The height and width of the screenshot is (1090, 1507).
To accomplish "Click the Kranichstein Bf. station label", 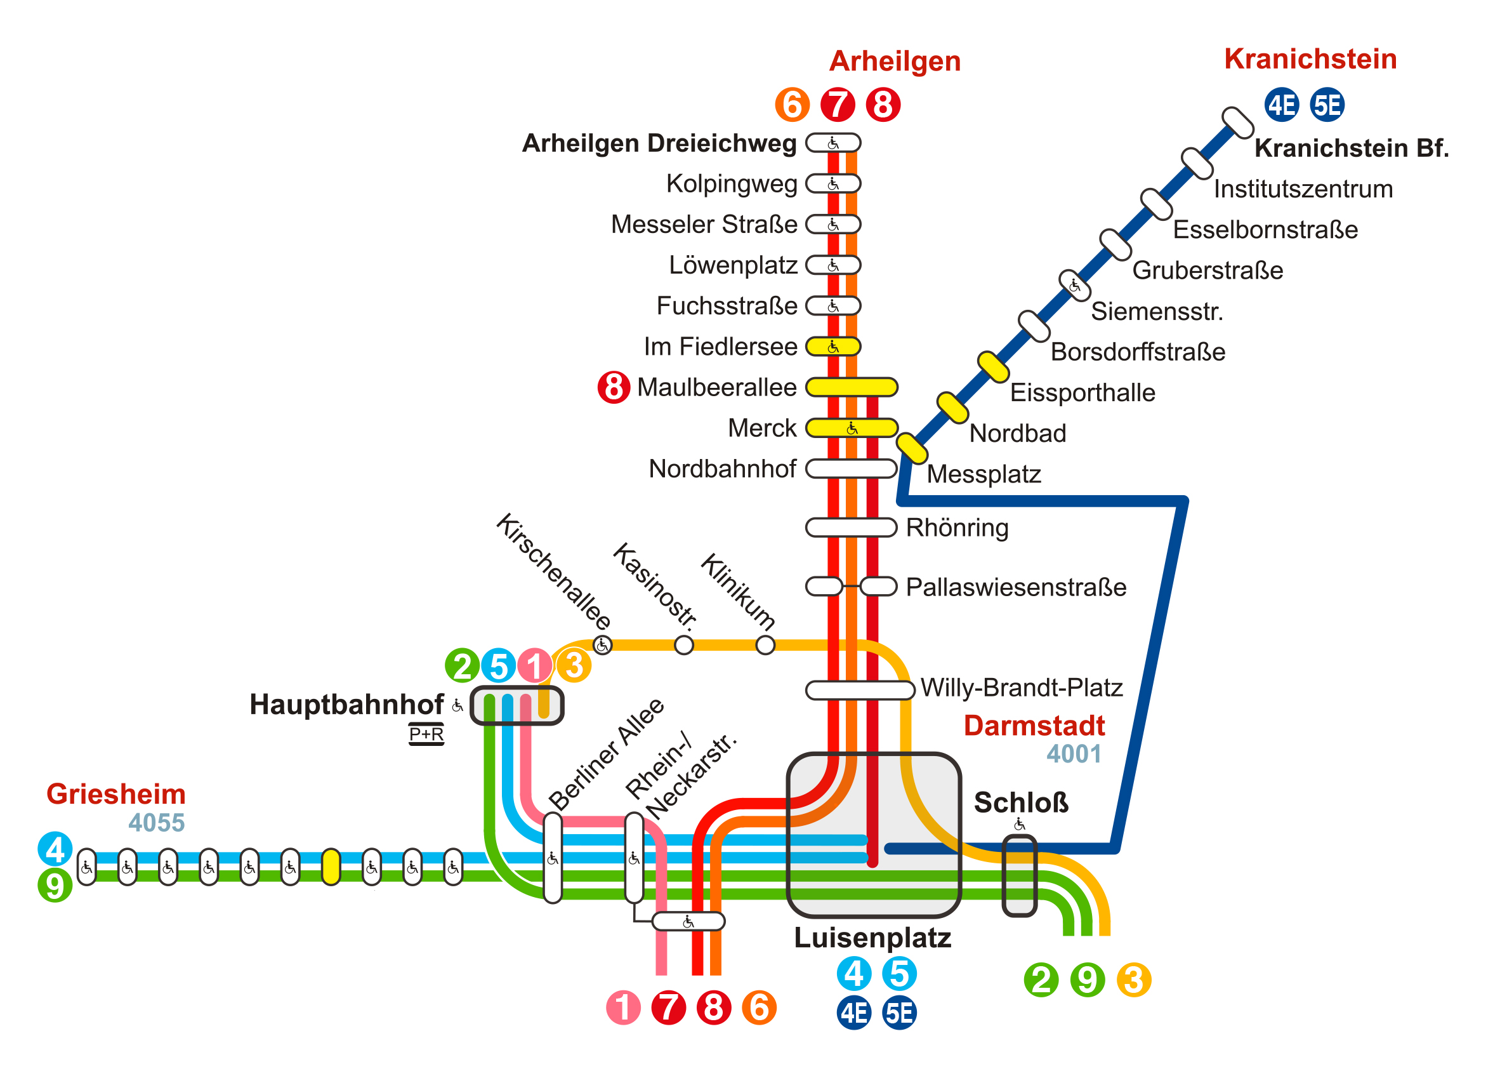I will [1351, 148].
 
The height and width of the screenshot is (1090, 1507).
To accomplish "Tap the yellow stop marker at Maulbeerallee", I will [851, 387].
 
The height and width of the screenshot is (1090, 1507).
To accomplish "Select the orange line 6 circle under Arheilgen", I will [792, 105].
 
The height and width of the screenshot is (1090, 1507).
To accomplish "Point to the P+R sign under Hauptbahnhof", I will [426, 734].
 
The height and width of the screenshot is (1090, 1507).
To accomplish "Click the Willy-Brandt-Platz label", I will [1022, 688].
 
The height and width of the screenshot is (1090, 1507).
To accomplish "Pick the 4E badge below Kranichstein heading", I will [1281, 105].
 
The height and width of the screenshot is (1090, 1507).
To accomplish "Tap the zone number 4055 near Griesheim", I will [156, 823].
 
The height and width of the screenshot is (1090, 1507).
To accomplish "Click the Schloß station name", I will [1020, 803].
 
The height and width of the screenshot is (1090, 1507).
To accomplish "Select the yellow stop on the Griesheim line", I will [331, 867].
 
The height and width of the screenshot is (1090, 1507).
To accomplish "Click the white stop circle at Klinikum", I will [765, 646].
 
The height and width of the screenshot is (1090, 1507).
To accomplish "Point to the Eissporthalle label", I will [1083, 393].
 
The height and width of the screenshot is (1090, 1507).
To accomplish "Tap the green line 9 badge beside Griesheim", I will [55, 886].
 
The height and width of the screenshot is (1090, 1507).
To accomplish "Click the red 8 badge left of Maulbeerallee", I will [614, 387].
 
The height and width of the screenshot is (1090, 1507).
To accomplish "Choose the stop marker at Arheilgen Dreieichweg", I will [833, 143].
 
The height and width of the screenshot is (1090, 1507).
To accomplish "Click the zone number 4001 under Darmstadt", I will [1074, 754].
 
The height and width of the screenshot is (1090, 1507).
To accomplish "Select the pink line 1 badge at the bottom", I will [623, 1007].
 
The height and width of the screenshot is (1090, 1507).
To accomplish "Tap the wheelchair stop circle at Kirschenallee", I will [603, 646].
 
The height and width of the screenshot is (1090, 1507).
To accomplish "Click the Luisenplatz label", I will [872, 938].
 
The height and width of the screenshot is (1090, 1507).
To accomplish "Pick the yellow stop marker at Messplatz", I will [912, 449].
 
